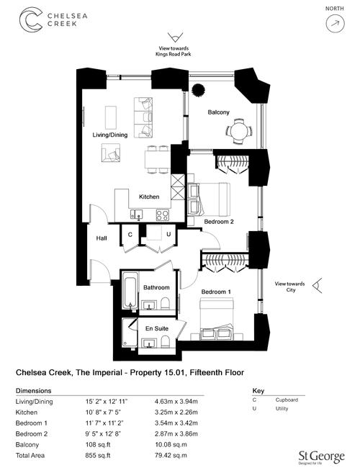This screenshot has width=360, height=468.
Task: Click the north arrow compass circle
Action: [335, 23]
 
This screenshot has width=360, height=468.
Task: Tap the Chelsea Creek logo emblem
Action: [31, 19]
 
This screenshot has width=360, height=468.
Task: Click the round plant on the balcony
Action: [198, 90]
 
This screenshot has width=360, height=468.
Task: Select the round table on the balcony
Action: [239, 131]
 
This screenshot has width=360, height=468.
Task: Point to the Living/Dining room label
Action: [110, 135]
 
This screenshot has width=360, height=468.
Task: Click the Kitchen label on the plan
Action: [149, 197]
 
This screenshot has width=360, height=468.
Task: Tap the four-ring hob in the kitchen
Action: [163, 215]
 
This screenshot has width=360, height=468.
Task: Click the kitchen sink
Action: [136, 214]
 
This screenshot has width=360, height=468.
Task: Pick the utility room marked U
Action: [158, 235]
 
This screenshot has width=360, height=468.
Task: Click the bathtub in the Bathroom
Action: [130, 291]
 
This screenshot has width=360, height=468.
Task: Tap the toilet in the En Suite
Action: [166, 341]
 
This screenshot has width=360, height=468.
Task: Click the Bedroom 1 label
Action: [216, 292]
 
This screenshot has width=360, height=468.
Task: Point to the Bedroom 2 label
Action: [219, 222]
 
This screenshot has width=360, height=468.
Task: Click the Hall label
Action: [102, 238]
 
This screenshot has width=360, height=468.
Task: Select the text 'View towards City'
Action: [290, 287]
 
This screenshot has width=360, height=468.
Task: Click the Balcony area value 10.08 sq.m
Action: [171, 444]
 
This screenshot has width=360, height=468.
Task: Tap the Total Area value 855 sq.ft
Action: [98, 455]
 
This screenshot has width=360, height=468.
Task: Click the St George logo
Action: [322, 457]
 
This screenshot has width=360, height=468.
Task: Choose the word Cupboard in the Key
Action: [287, 400]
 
